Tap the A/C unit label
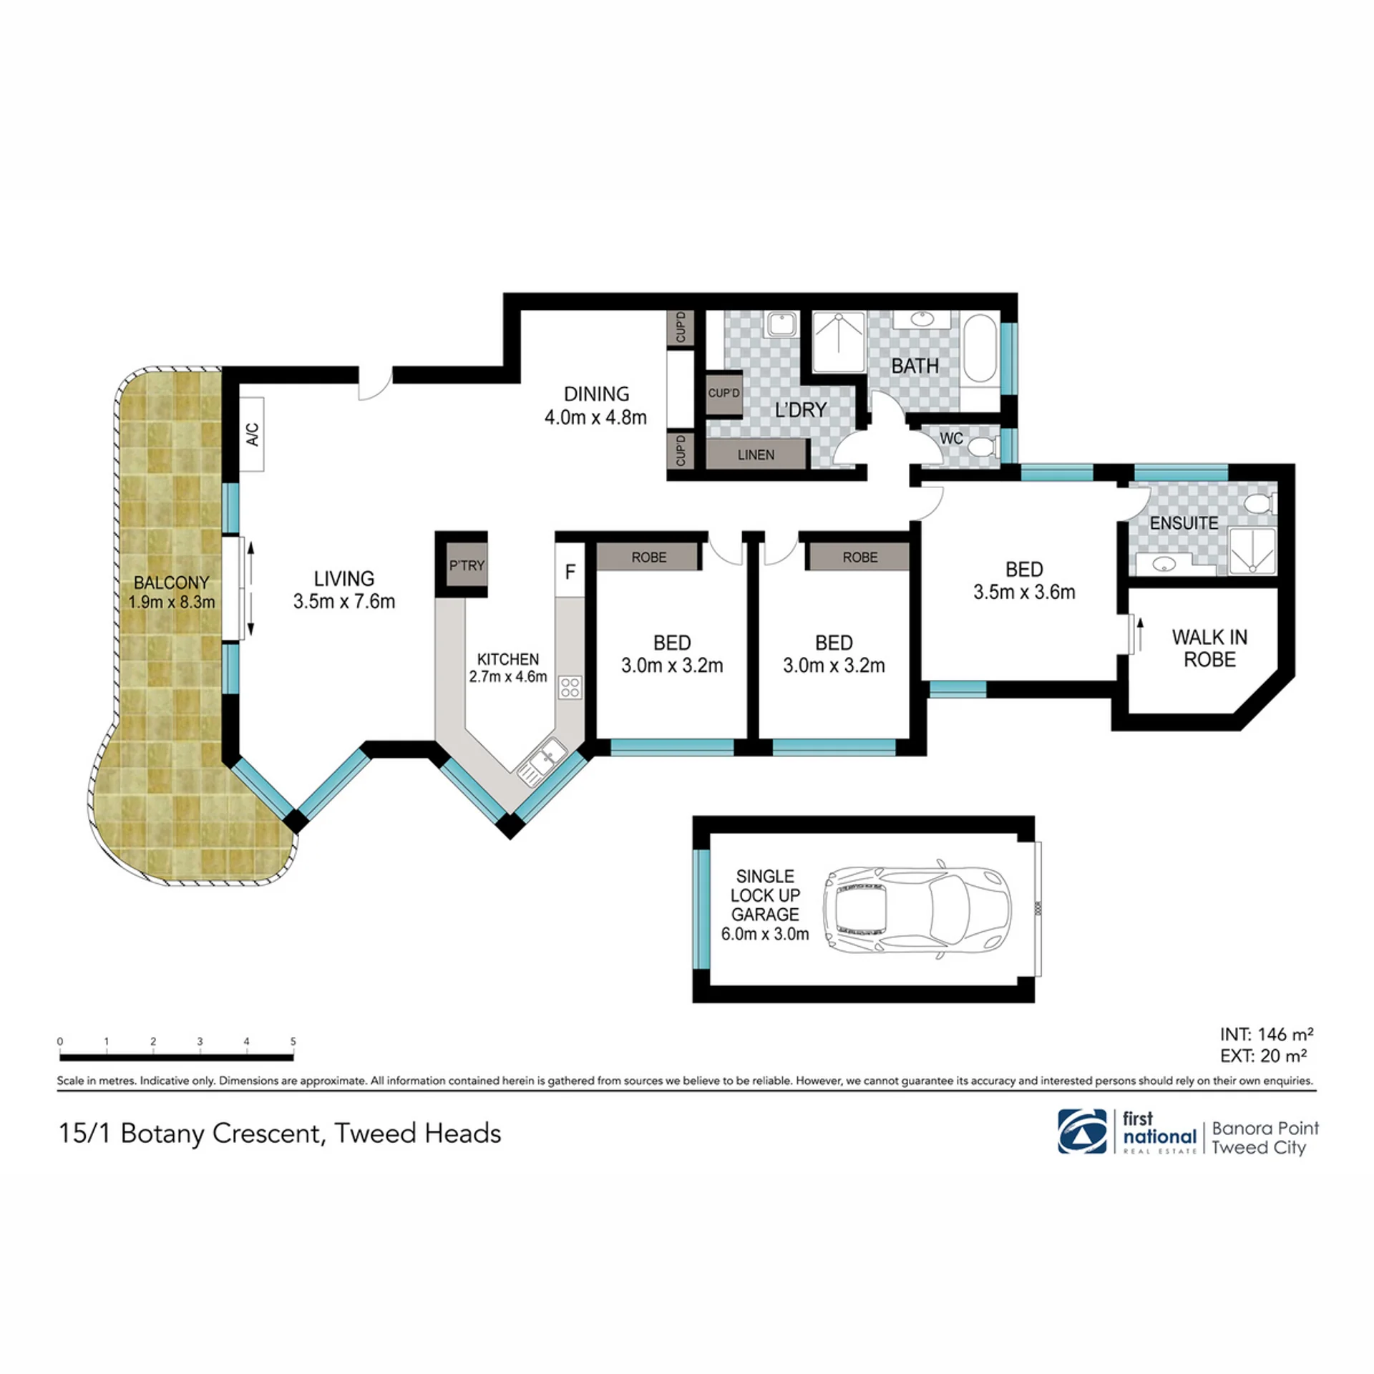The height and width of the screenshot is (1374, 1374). tap(253, 434)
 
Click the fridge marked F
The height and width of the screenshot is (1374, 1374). tap(570, 571)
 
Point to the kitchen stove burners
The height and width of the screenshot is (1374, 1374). tap(570, 688)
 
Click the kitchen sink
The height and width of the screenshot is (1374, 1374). tap(542, 762)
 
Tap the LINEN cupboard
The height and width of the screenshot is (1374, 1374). tap(756, 454)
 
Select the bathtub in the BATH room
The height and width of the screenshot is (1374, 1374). tap(980, 349)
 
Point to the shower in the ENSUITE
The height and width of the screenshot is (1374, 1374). tap(1252, 551)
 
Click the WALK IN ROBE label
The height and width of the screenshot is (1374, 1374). tap(1209, 648)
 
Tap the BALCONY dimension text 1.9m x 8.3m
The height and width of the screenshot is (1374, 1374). tap(172, 602)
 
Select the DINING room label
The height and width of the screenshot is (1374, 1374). tap(596, 394)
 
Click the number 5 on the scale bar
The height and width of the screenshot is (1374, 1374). tap(293, 1042)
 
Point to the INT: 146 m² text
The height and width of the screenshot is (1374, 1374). tap(1267, 1034)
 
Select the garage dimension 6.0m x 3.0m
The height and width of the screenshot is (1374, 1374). tap(765, 934)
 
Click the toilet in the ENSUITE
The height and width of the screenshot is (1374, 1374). tap(1259, 504)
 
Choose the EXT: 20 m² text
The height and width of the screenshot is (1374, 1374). tap(1263, 1056)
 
